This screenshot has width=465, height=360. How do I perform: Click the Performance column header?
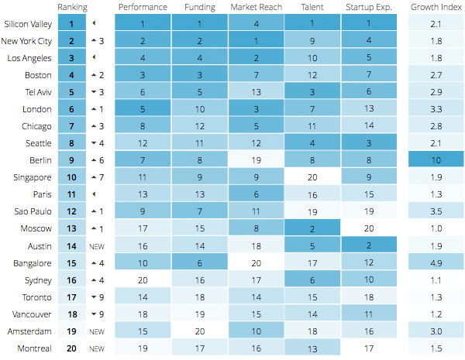[x=143, y=7]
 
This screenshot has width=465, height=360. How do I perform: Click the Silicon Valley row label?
[x=27, y=24]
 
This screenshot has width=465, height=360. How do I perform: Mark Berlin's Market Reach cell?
[x=256, y=159]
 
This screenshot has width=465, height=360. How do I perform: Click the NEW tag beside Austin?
[x=97, y=245]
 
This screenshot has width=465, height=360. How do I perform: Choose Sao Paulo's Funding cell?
[x=199, y=210]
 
